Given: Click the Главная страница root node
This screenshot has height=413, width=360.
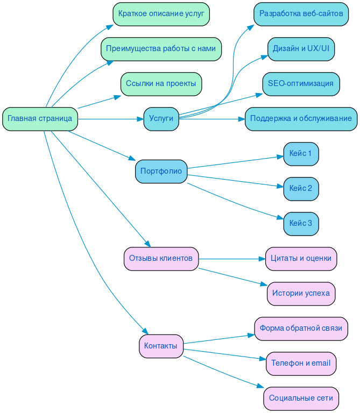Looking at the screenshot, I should click(40, 119).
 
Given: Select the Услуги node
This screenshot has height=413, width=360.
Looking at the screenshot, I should click(161, 119).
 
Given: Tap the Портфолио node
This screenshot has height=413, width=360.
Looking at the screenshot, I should click(161, 172).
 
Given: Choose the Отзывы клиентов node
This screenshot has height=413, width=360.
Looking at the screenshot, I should click(161, 259).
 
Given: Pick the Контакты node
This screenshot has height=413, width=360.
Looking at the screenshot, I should click(161, 346).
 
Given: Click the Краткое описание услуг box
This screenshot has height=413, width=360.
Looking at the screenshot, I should click(161, 14).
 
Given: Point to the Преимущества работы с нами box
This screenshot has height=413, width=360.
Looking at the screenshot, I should click(161, 49).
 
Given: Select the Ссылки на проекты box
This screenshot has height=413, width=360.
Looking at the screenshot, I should click(161, 84).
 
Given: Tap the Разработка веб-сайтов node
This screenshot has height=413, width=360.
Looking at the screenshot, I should click(301, 14).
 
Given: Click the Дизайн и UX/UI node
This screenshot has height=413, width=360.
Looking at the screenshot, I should click(301, 49).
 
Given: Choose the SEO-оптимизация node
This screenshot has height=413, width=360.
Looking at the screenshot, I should click(301, 84).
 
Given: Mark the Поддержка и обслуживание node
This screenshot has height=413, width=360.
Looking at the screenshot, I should click(301, 119).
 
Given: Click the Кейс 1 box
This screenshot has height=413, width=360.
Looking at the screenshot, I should click(301, 154).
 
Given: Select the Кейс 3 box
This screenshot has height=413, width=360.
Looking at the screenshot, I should click(301, 224).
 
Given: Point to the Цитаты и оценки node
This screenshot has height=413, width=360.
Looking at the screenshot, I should click(301, 259).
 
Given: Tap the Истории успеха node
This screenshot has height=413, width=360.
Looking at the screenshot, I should click(301, 294).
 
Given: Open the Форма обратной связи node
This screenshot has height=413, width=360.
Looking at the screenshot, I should click(301, 329).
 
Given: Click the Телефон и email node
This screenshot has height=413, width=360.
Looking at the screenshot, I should click(301, 364).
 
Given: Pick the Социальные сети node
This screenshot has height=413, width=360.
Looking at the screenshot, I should click(301, 398).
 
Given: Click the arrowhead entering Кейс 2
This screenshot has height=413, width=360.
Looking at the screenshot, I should click(280, 187).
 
